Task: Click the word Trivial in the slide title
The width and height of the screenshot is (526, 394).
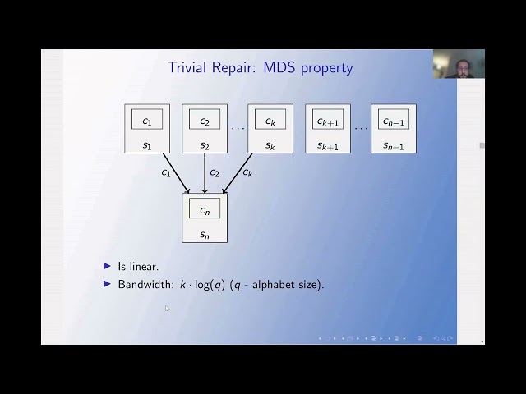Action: [x=188, y=67]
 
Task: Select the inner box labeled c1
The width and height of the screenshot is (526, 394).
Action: [x=147, y=121]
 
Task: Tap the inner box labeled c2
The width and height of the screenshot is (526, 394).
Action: [x=205, y=121]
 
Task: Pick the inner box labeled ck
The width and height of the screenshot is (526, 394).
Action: [x=270, y=121]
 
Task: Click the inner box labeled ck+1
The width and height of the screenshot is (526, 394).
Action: [x=328, y=121]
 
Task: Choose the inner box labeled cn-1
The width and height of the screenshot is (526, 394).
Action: [x=394, y=121]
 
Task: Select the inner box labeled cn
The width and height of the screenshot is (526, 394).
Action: [x=205, y=210]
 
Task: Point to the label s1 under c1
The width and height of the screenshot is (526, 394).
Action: [x=147, y=145]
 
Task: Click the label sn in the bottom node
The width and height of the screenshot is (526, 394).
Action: [x=205, y=235]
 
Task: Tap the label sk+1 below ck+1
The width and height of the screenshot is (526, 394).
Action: [x=328, y=145]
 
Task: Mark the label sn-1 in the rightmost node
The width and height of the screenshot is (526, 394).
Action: [x=394, y=145]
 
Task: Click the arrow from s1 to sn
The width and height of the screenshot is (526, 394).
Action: [x=176, y=173]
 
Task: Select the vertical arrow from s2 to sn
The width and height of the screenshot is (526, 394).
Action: [x=205, y=173]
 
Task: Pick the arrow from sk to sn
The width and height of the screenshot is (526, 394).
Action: [x=236, y=173]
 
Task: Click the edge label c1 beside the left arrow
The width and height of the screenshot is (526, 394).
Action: [x=166, y=173]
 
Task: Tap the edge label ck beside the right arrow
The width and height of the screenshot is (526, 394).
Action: [x=247, y=173]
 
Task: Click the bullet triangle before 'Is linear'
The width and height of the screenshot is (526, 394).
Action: [x=108, y=266]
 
